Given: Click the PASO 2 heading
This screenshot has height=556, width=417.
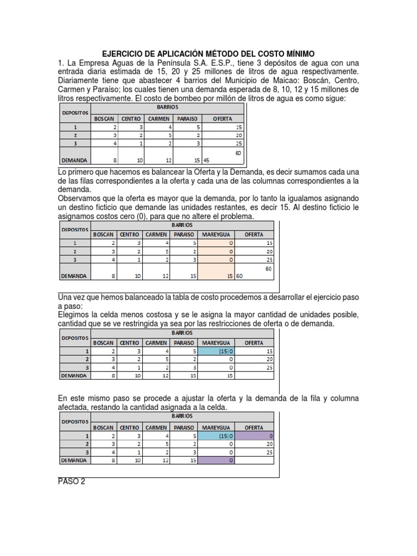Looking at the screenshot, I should click(71, 482).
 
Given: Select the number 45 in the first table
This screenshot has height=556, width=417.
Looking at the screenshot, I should click(206, 161).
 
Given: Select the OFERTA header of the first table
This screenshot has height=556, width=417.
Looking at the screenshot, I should click(223, 118).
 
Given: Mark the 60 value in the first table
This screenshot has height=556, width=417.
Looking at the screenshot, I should click(237, 154).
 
